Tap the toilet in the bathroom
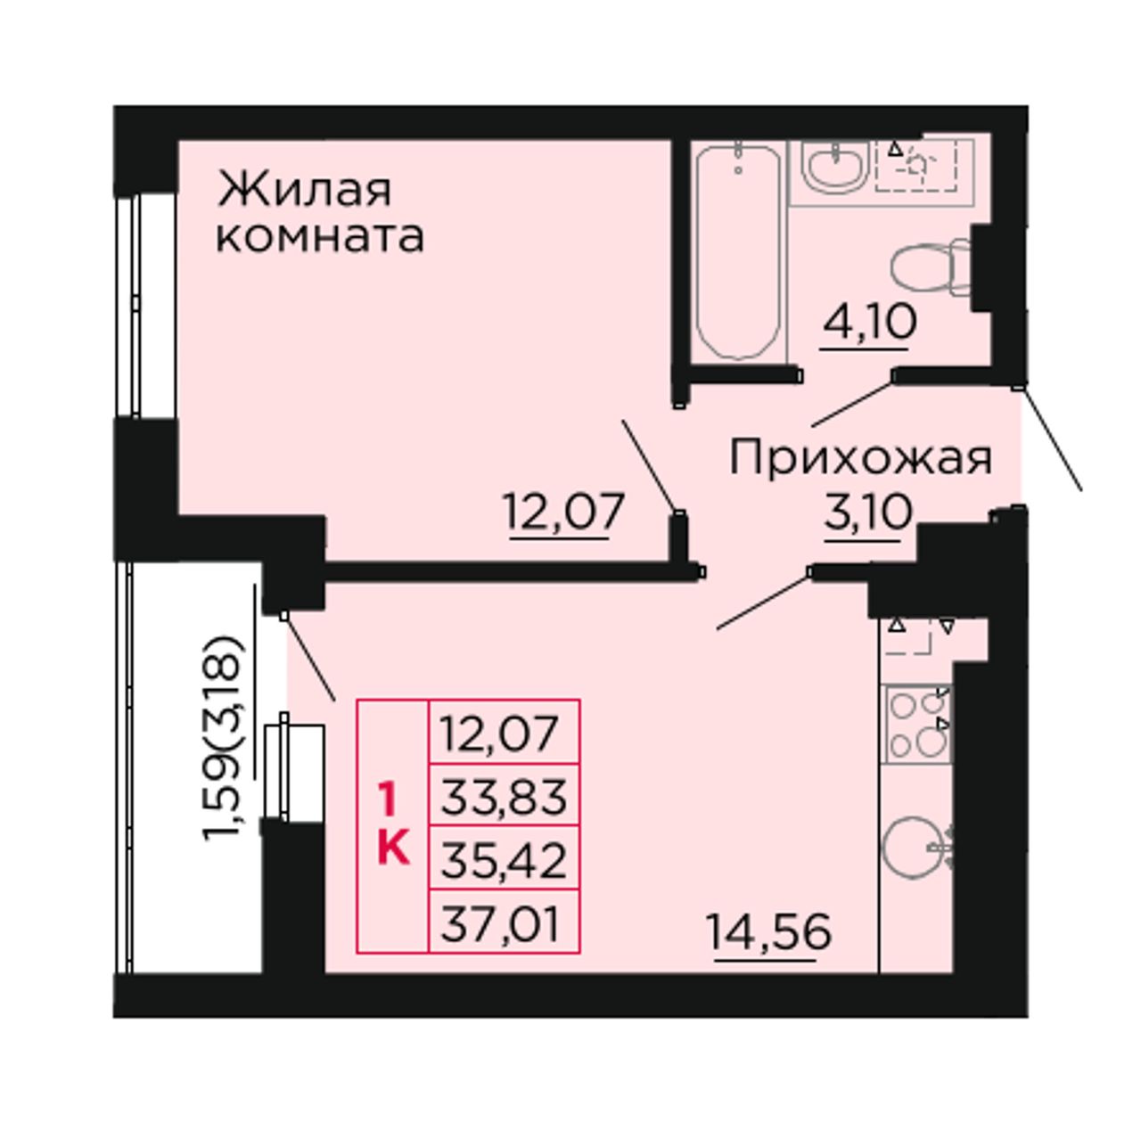coord(931,266)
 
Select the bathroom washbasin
coord(835,167)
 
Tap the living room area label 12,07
coord(565,512)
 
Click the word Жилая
coord(304,190)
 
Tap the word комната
coord(320,237)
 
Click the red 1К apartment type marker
coord(393,824)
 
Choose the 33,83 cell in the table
coord(504,797)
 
